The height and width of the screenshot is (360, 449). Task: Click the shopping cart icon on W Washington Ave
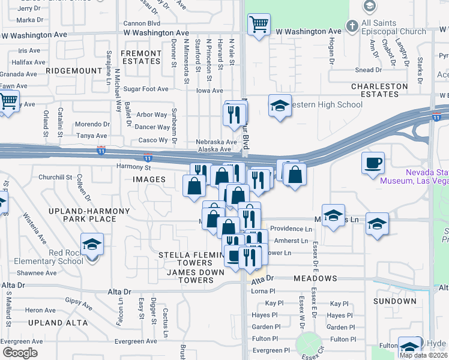click(259, 25)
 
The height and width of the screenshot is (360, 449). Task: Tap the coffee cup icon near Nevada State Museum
click(373, 162)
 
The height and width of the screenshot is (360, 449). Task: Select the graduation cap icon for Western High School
click(280, 106)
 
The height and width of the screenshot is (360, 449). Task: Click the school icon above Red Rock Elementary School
click(92, 244)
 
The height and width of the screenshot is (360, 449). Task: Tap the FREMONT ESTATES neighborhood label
click(141, 58)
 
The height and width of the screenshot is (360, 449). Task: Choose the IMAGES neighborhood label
click(149, 179)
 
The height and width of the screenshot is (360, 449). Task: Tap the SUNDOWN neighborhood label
click(394, 301)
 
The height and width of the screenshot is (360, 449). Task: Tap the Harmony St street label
click(133, 167)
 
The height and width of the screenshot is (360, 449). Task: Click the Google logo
click(20, 353)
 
